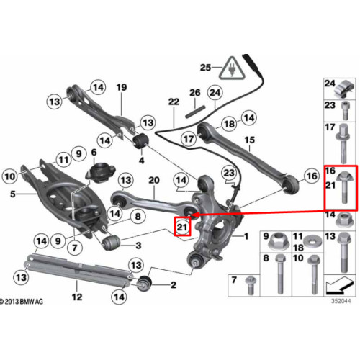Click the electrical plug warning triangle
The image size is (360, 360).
232,69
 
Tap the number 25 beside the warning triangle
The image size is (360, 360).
205,68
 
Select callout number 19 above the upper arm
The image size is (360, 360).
122,87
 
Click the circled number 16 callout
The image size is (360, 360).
312,176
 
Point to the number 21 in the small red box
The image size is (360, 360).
182,227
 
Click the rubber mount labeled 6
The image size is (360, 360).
100,172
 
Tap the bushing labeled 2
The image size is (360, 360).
144,284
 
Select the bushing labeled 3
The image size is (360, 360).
111,242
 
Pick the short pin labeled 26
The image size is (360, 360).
195,112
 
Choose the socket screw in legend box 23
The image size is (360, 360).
345,110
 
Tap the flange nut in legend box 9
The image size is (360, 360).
279,240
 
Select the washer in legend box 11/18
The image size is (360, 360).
313,241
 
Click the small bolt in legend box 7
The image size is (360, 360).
251,285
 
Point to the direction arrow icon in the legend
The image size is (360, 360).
340,286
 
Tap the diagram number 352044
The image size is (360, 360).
341,301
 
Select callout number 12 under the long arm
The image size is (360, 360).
77,297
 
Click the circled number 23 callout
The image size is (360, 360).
229,173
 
